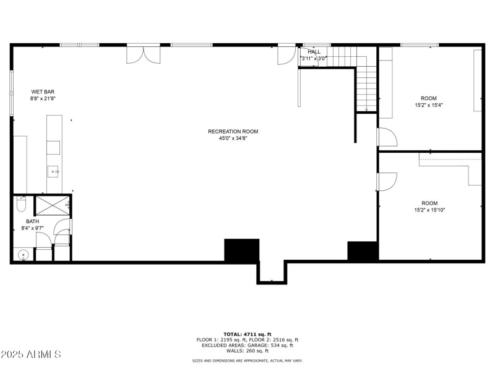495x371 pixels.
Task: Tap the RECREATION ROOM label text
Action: [x=233, y=131]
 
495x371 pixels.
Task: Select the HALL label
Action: [x=314, y=51]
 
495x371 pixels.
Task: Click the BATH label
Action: [x=32, y=221]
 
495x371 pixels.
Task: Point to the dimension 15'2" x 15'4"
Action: [x=429, y=105]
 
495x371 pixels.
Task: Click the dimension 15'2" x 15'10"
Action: [x=429, y=210]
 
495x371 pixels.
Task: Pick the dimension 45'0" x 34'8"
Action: [x=233, y=139]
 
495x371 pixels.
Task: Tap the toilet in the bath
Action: [x=20, y=203]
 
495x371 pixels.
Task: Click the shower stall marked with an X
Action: [x=52, y=205]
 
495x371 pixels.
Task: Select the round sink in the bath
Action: [x=24, y=254]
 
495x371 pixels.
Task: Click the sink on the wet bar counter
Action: [x=54, y=171]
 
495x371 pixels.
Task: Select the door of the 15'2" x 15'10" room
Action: [x=386, y=181]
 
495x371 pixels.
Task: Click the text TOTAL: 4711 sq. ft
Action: [x=247, y=334]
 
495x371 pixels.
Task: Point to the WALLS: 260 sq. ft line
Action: [x=247, y=351]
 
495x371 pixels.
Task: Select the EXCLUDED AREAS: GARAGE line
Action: [x=247, y=345]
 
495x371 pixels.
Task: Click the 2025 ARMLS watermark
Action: [x=31, y=354]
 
